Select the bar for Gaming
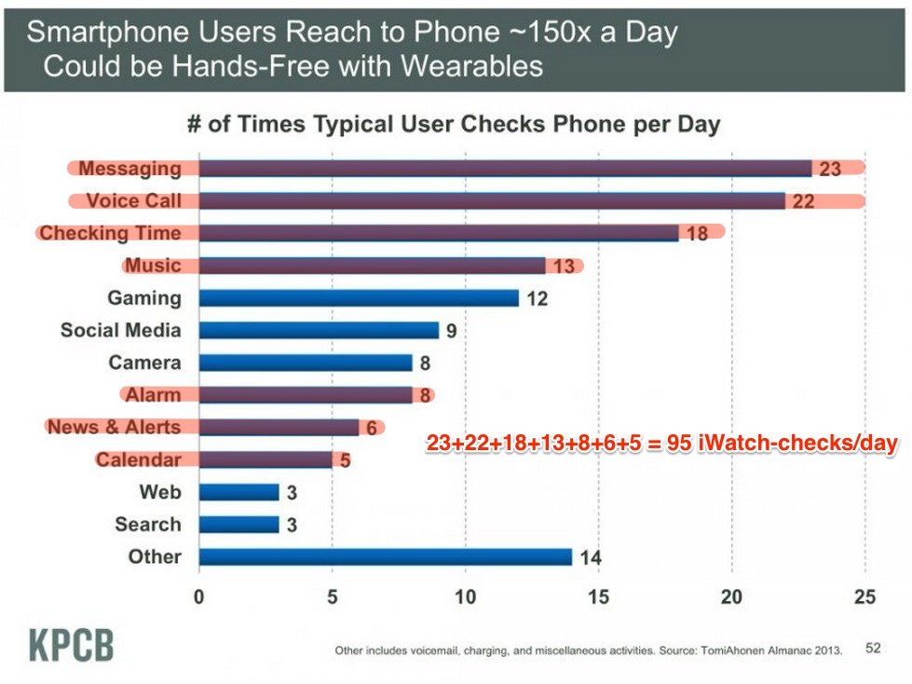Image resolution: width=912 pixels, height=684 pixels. (359, 298)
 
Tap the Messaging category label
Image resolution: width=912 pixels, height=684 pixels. (129, 169)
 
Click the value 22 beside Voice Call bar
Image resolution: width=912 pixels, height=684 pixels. (803, 201)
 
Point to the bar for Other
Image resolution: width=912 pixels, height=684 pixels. (385, 557)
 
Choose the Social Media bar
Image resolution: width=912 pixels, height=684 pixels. (319, 330)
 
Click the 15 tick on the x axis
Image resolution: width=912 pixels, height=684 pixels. (598, 596)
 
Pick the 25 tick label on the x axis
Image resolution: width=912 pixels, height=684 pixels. (864, 596)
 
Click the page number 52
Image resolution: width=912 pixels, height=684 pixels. (873, 648)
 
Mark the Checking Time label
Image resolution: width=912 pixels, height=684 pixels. (110, 233)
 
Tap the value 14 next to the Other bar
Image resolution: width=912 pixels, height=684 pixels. (590, 558)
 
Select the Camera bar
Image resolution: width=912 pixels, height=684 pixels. (306, 363)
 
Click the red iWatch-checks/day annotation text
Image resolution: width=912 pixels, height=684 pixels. (661, 445)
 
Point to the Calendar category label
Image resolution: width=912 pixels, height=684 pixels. (139, 459)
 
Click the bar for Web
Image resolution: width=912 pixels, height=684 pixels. (238, 492)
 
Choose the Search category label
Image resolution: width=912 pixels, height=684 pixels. (148, 525)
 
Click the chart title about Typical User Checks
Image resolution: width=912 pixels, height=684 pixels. (454, 125)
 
